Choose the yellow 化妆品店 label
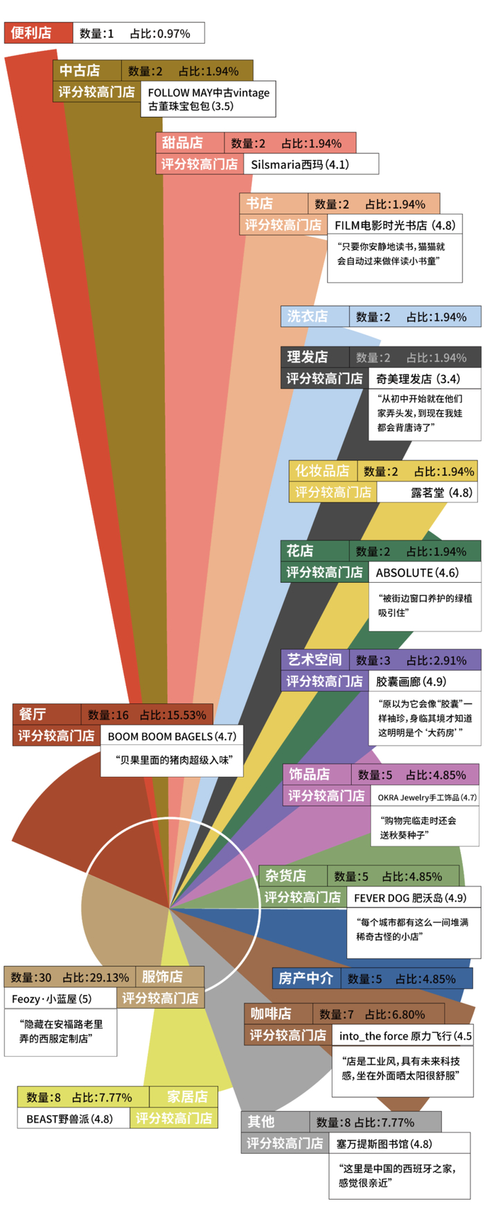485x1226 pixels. click(322, 471)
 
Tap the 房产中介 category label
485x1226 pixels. click(306, 979)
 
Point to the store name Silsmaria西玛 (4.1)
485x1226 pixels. click(299, 164)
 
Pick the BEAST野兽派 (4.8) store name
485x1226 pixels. click(69, 1119)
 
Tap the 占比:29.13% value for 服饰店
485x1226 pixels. click(96, 977)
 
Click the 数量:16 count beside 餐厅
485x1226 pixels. click(108, 715)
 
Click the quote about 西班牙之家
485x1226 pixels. click(396, 1175)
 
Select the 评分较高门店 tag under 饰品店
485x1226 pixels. click(326, 796)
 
